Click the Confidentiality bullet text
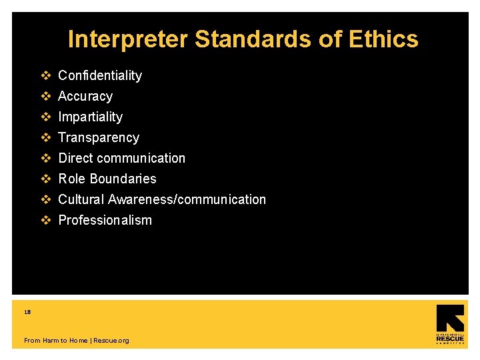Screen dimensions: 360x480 tap(100, 75)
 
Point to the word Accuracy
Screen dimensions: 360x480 tap(85, 96)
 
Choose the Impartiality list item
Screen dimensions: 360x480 tap(91, 117)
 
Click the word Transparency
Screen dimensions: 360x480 tap(99, 137)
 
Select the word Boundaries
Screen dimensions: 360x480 tap(123, 179)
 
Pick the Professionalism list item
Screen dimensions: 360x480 tap(105, 220)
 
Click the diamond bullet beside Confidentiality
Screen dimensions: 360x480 tap(46, 75)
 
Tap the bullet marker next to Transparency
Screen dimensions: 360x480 tap(46, 137)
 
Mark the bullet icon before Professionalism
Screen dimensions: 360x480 tap(46, 220)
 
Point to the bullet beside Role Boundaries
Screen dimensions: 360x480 tap(46, 179)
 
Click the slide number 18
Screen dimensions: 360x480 tap(27, 311)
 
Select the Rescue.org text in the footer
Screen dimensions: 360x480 tap(111, 341)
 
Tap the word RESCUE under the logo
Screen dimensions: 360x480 tap(450, 339)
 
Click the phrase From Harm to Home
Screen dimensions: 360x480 tap(55, 341)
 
